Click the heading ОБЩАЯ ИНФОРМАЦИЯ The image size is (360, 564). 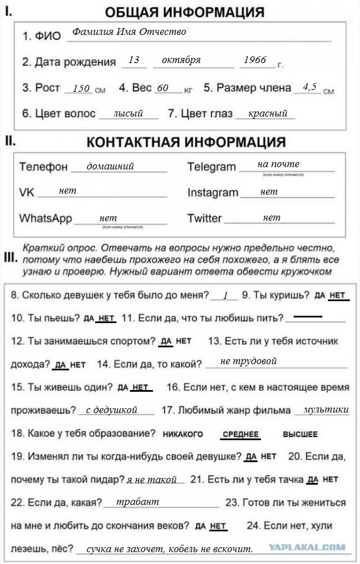pyautogui.click(x=184, y=12)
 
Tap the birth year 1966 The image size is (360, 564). pyautogui.click(x=255, y=60)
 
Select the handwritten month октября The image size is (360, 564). pyautogui.click(x=181, y=60)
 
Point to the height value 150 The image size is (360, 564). pyautogui.click(x=82, y=88)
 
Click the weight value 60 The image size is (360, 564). pyautogui.click(x=163, y=88)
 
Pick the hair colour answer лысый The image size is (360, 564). pyautogui.click(x=128, y=113)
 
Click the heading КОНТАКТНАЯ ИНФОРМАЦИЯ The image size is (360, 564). pyautogui.click(x=186, y=142)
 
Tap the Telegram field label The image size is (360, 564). pyautogui.click(x=211, y=167)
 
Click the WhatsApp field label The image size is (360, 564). pyautogui.click(x=46, y=218)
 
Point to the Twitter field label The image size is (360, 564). pyautogui.click(x=205, y=218)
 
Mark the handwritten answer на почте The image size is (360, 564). pyautogui.click(x=278, y=164)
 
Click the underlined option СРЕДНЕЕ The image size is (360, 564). pyautogui.click(x=241, y=435)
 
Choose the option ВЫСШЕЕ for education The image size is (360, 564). pyautogui.click(x=300, y=435)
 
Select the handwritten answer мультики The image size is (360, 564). pyautogui.click(x=326, y=410)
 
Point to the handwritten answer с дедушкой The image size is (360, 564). pyautogui.click(x=111, y=410)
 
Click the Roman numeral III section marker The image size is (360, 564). pyautogui.click(x=10, y=258)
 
